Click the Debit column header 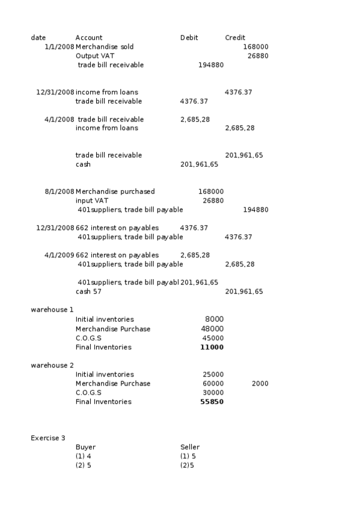(x=189, y=38)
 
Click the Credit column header (x=234, y=38)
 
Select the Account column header (x=89, y=38)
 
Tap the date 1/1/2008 (x=59, y=47)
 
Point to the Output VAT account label (x=95, y=56)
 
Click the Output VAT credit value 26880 (x=258, y=56)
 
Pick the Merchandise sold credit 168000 (x=255, y=47)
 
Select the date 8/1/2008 (x=59, y=191)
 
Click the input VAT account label (x=92, y=200)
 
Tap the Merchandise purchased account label (x=115, y=191)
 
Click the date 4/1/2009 (x=59, y=255)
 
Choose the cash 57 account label (x=88, y=292)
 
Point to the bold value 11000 (x=212, y=347)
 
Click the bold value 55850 (x=212, y=402)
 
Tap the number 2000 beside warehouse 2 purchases (x=260, y=384)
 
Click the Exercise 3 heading (x=48, y=438)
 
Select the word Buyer (x=85, y=447)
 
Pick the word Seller (x=190, y=447)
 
